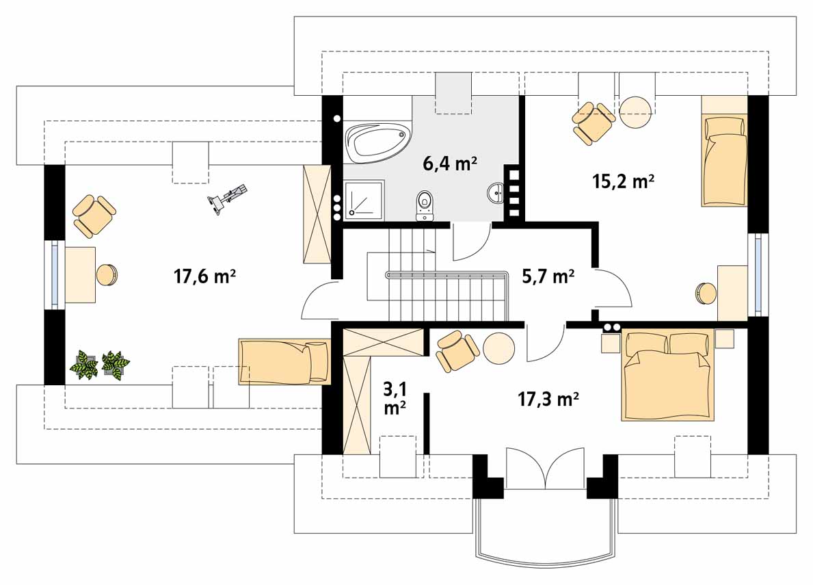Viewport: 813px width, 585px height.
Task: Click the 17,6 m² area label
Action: (205, 276)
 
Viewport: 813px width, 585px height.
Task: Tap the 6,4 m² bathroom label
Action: (449, 164)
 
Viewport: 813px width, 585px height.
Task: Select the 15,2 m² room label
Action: (623, 181)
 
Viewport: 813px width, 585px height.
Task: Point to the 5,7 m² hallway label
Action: (548, 276)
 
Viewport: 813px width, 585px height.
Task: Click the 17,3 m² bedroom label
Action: (548, 399)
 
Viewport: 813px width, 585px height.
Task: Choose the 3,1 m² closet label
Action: (395, 398)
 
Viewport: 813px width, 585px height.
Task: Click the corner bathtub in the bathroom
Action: (378, 142)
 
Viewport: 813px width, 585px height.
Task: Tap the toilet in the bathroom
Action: (425, 205)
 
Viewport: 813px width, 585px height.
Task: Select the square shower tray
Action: (364, 198)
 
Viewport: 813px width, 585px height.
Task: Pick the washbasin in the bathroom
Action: (496, 193)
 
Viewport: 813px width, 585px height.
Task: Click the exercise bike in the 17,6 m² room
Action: (226, 198)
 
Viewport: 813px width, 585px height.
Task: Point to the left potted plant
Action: (83, 364)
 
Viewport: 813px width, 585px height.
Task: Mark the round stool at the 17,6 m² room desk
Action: (107, 275)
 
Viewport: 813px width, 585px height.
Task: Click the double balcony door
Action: (545, 468)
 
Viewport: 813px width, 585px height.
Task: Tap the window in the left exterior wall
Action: (55, 274)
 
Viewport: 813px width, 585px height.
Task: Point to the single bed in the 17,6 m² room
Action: (284, 361)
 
